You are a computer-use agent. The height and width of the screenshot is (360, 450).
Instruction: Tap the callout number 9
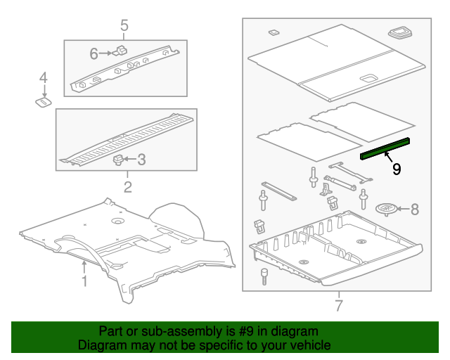coord(397,169)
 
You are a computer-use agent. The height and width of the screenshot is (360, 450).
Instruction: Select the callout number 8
coord(414,209)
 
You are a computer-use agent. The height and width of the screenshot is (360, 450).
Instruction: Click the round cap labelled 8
coord(387,209)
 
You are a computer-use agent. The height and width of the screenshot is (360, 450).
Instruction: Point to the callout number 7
coord(338,306)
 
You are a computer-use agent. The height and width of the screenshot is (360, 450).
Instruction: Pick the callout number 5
coord(124,27)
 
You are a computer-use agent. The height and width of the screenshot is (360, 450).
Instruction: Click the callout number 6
coord(94,53)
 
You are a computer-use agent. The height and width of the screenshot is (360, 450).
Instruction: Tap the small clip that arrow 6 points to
coord(120,51)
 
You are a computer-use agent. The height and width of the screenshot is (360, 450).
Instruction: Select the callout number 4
coord(43,77)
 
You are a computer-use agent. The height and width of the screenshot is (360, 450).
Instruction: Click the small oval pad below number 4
coord(43,103)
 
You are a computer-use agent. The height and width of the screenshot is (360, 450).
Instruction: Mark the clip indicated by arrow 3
coord(118,160)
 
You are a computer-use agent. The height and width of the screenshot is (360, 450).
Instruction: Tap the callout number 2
coord(127,186)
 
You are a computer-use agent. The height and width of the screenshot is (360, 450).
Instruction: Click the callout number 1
coord(84,282)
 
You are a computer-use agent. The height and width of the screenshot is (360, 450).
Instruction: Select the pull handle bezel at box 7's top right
coord(402,32)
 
